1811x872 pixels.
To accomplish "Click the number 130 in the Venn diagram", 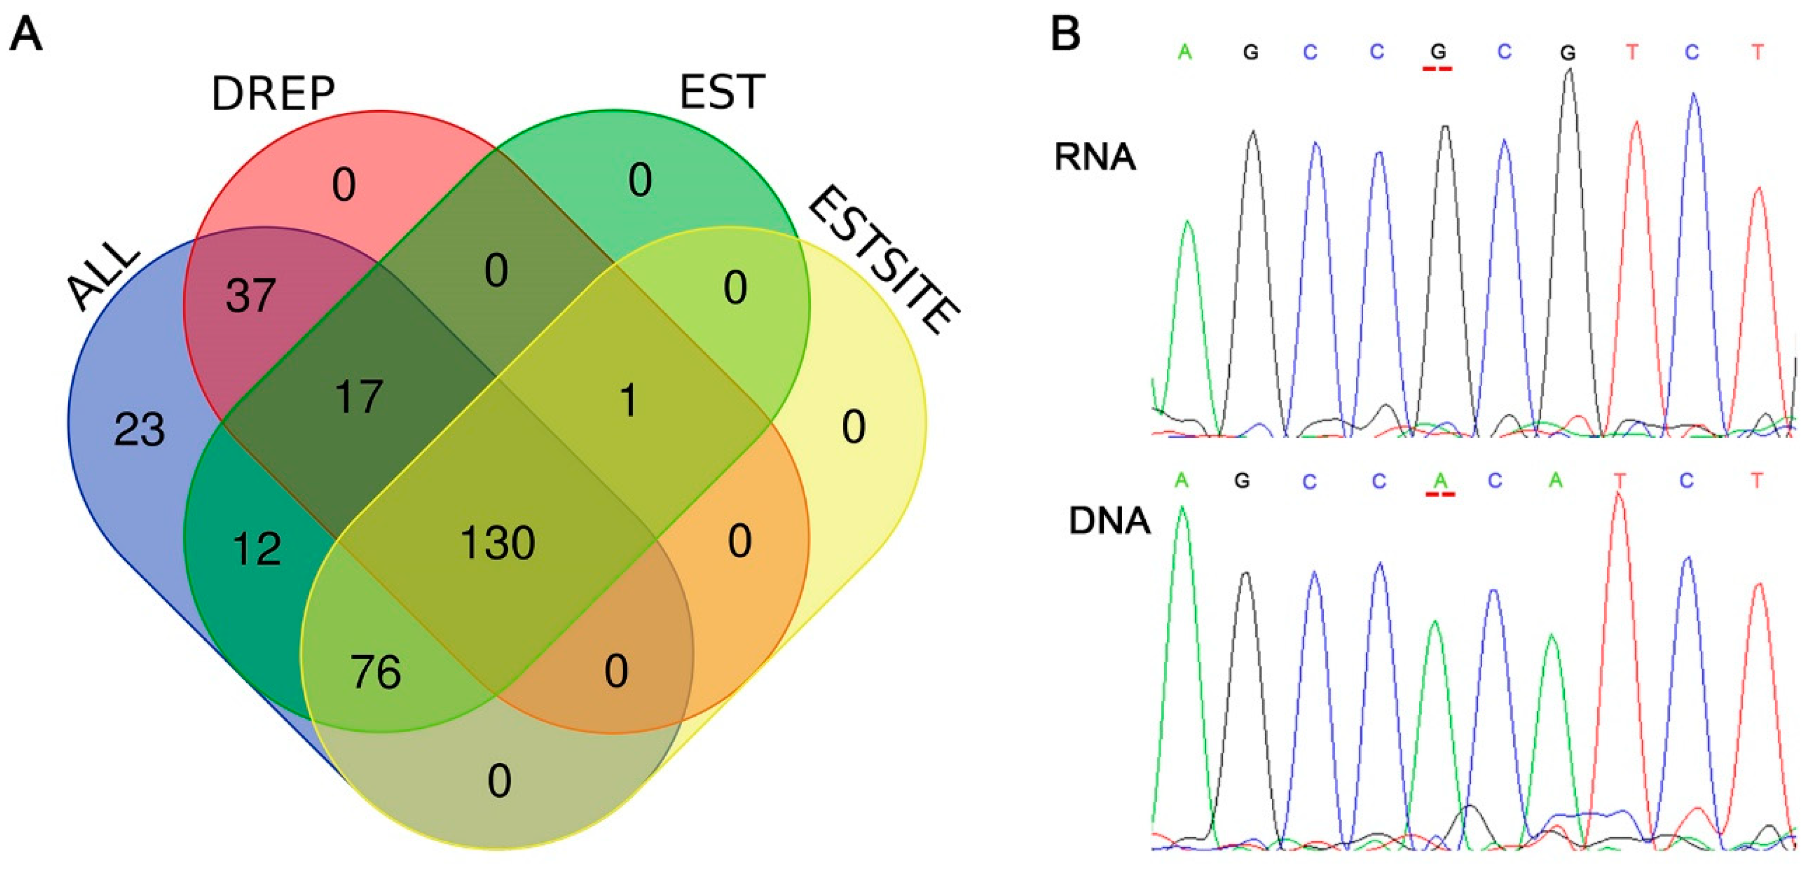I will (x=497, y=543).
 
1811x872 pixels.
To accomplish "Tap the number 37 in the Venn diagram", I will (x=250, y=295).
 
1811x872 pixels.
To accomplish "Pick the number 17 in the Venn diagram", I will (x=359, y=397).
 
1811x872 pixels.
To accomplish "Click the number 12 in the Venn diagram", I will (x=257, y=549).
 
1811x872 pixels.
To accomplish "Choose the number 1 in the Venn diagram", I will (x=628, y=401).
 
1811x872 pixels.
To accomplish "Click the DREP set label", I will (x=273, y=93).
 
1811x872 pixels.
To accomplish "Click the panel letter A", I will (x=26, y=34).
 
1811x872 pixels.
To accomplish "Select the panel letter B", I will (x=1065, y=34).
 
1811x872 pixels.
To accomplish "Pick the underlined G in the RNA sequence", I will (x=1439, y=51).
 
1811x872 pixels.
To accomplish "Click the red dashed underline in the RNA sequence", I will (x=1438, y=68).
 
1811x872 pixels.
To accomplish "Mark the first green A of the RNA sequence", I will (x=1185, y=52).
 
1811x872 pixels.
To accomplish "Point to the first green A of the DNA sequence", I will (x=1181, y=481).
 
